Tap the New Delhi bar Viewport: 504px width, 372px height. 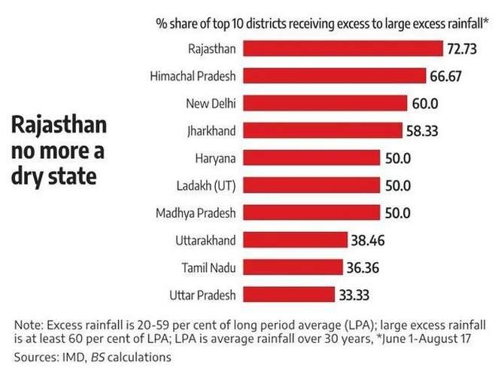pyautogui.click(x=323, y=103)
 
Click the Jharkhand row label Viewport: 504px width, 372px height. pyautogui.click(x=213, y=131)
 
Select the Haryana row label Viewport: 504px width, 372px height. pyautogui.click(x=216, y=158)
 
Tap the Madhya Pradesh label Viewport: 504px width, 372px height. pyautogui.click(x=199, y=213)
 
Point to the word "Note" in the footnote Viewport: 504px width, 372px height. pyautogui.click(x=28, y=325)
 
